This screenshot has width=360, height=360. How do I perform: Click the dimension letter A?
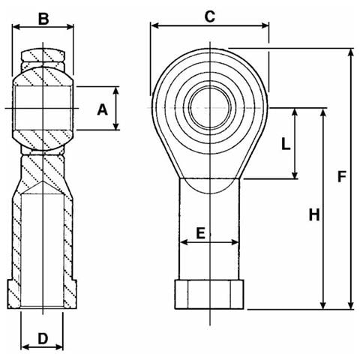pyautogui.click(x=103, y=109)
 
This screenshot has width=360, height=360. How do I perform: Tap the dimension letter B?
pyautogui.click(x=43, y=19)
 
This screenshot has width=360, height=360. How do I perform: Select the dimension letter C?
pyautogui.click(x=209, y=16)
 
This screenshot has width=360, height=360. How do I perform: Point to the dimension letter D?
pyautogui.click(x=43, y=339)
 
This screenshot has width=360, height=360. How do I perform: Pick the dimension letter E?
pyautogui.click(x=200, y=233)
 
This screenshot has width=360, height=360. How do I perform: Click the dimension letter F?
pyautogui.click(x=341, y=176)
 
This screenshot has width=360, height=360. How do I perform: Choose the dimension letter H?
pyautogui.click(x=314, y=214)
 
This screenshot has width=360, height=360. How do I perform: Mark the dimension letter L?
pyautogui.click(x=286, y=144)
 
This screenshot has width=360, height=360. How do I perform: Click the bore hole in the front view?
pyautogui.click(x=210, y=108)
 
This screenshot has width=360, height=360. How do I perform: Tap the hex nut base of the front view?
pyautogui.click(x=209, y=295)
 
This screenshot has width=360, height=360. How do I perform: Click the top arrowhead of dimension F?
pyautogui.click(x=351, y=53)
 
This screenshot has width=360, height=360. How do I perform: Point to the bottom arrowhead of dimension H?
pyautogui.click(x=323, y=304)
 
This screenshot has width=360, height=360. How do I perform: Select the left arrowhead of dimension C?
pyautogui.click(x=155, y=25)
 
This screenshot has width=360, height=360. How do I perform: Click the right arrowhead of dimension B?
pyautogui.click(x=69, y=27)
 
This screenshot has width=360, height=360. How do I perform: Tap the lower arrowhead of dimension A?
pyautogui.click(x=115, y=125)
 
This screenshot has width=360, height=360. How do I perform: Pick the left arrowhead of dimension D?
pyautogui.click(x=25, y=346)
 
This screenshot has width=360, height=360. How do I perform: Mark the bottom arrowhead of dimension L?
pyautogui.click(x=295, y=174)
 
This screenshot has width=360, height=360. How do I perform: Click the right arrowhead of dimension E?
pyautogui.click(x=235, y=242)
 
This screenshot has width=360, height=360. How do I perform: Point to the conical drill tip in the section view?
pyautogui.click(x=43, y=187)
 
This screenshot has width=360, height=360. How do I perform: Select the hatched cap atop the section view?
pyautogui.click(x=43, y=55)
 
